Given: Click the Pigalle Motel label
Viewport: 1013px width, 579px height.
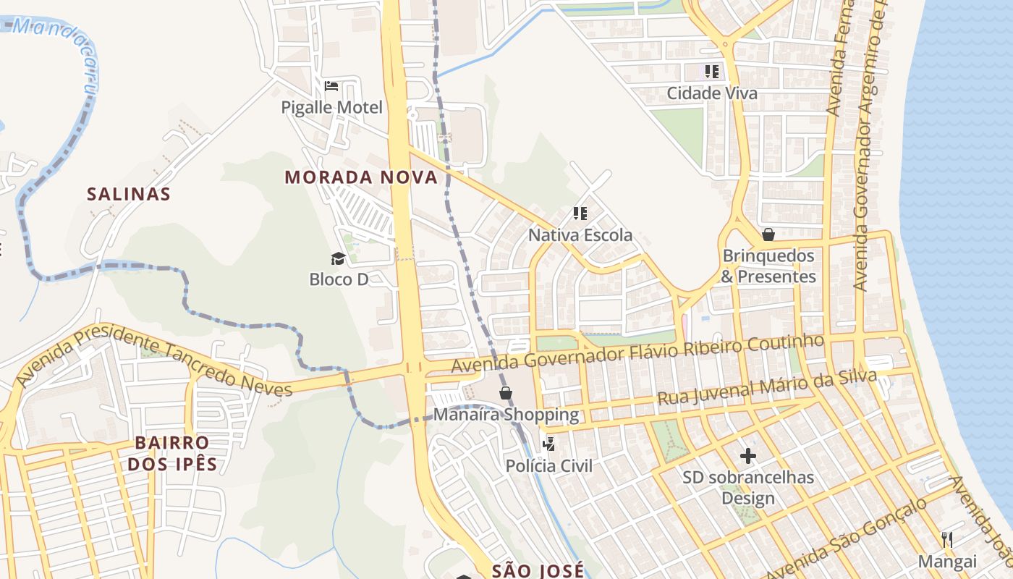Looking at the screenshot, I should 331,108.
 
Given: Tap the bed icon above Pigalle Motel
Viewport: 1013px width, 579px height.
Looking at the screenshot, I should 331,86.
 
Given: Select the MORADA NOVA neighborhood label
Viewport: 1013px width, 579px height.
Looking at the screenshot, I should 361,177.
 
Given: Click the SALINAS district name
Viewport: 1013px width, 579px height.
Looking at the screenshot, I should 129,194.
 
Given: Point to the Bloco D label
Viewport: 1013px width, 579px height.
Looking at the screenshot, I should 339,279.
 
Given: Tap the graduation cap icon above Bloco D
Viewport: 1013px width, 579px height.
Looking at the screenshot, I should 338,258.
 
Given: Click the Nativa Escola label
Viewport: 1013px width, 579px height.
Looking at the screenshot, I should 580,235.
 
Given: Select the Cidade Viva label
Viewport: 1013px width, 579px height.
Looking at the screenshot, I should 712,93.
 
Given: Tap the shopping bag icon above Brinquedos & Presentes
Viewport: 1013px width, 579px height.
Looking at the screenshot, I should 768,234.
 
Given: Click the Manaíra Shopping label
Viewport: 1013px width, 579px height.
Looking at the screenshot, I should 506,415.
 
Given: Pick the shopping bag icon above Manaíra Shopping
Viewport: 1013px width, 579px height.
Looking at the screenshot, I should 506,393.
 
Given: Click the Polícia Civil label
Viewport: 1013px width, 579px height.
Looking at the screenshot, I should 549,465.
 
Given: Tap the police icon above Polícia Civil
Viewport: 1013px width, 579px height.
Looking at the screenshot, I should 549,444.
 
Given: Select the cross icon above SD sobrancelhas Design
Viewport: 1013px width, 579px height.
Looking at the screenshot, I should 748,456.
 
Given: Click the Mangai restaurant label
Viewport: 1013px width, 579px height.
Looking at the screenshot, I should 947,561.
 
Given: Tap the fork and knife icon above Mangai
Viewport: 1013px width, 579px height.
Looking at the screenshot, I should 947,539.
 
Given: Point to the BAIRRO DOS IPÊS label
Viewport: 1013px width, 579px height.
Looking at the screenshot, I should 172,453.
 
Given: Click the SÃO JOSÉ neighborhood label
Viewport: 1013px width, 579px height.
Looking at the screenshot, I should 538,570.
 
